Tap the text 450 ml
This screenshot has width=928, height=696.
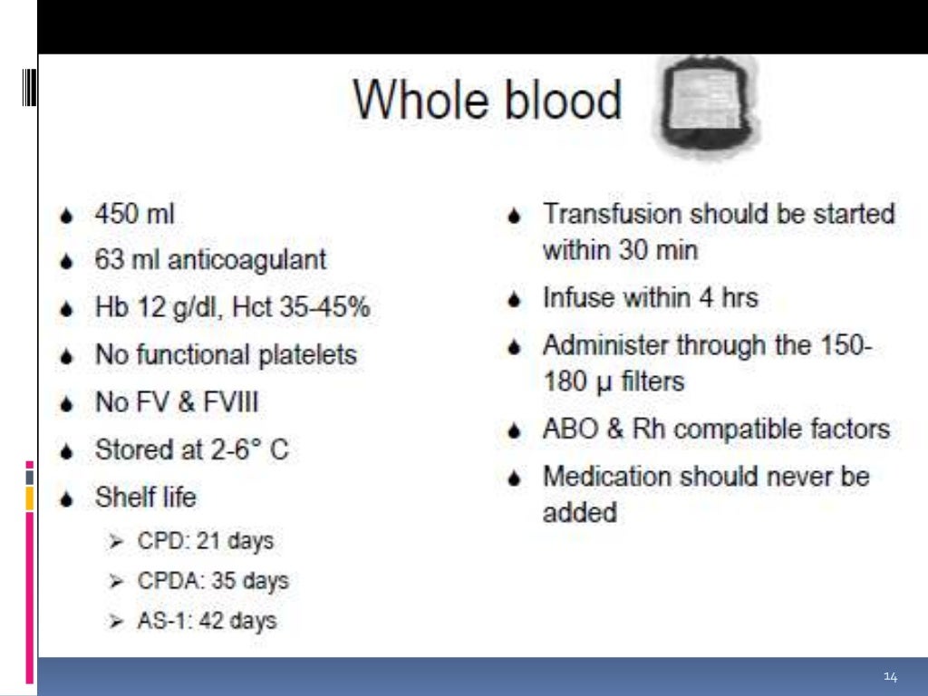point(135,215)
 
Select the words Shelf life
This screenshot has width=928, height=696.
point(145,497)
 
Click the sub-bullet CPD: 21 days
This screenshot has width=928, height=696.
point(205,542)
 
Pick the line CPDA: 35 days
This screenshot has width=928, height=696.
point(213,581)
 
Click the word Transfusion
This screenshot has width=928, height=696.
point(612,215)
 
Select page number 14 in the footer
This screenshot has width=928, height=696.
point(890,677)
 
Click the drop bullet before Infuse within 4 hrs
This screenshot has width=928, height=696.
point(515,299)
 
